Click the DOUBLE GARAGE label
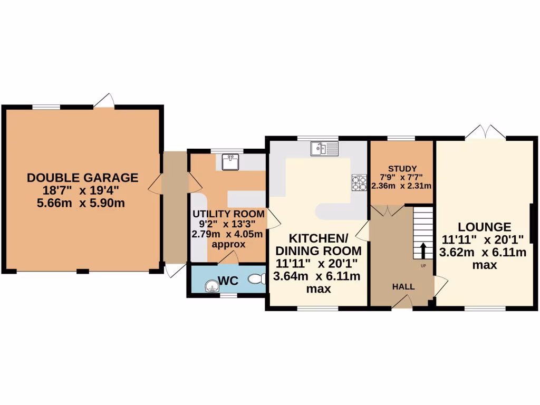pos(82,178)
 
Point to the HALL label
pos(403,287)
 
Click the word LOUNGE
pos(484,227)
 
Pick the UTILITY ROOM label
pos(228,214)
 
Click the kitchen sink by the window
pos(324,149)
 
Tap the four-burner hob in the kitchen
pos(359,182)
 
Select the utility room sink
pos(230,162)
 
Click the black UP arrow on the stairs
pos(423,250)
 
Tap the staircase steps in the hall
pos(422,227)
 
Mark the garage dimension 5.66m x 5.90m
pos(82,202)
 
